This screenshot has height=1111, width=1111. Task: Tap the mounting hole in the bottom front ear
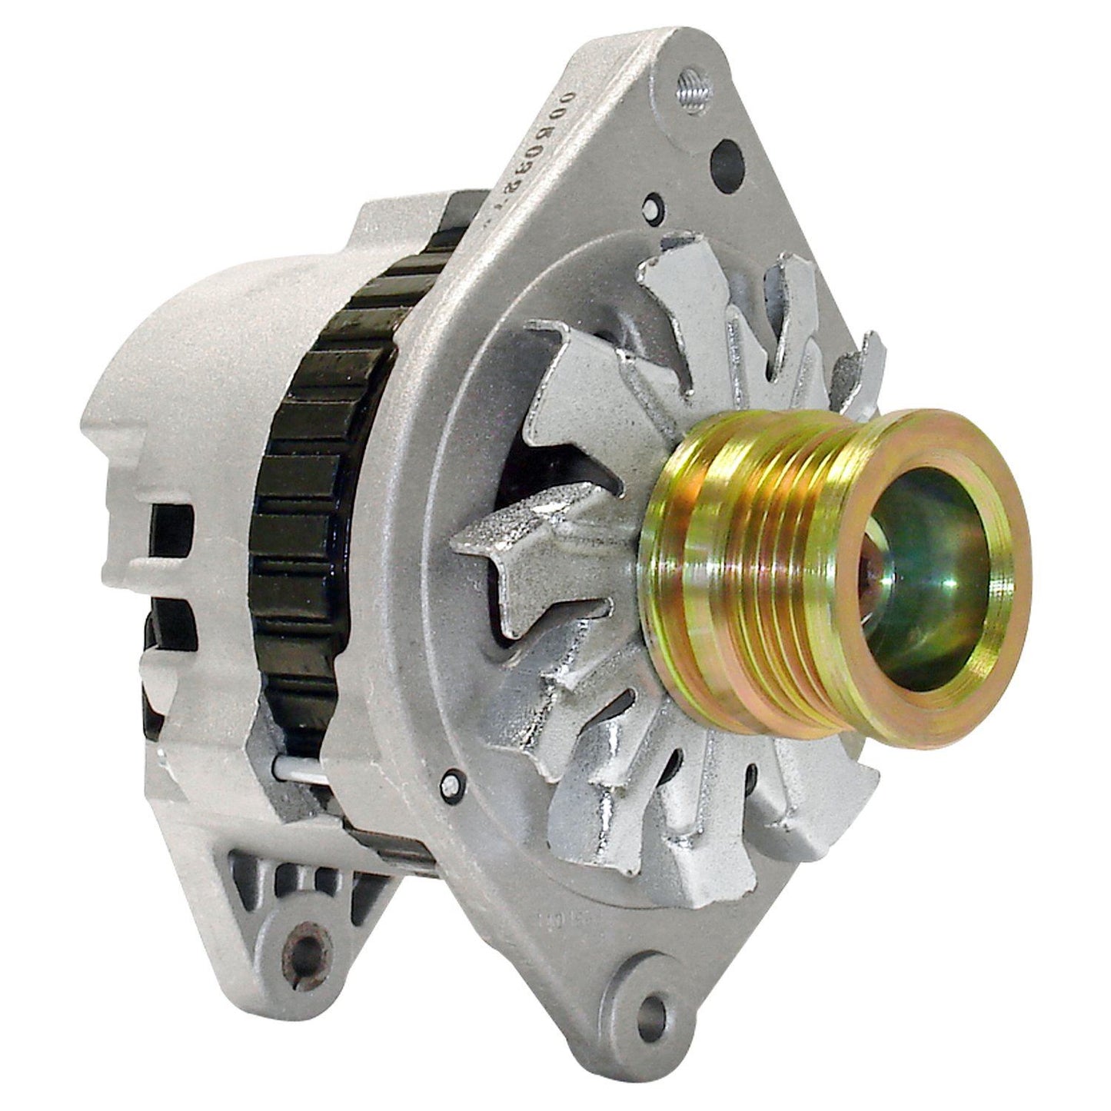click(x=653, y=1003)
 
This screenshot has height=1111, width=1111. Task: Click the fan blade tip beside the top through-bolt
click(x=677, y=261)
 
